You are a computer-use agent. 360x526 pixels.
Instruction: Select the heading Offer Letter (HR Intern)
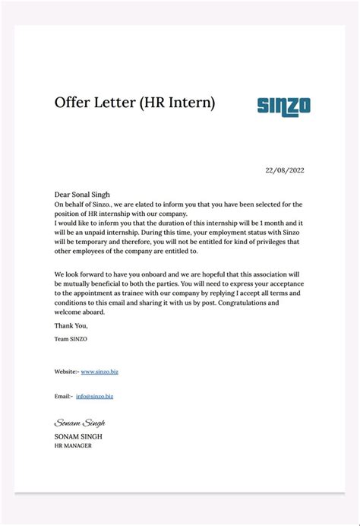[x=134, y=103]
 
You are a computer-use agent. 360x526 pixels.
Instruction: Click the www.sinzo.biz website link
[x=99, y=372]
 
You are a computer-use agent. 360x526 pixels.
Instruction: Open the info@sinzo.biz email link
[x=94, y=396]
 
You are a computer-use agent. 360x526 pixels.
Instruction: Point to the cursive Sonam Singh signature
[x=79, y=423]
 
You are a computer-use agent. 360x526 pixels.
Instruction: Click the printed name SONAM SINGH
[x=78, y=436]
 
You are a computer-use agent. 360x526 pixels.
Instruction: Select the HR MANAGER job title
[x=73, y=445]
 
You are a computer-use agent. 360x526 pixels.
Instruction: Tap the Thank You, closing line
[x=71, y=325]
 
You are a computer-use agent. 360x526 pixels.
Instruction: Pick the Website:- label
[x=66, y=372]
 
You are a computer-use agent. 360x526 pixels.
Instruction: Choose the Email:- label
[x=63, y=396]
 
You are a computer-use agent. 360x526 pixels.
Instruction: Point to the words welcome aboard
[x=80, y=312]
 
